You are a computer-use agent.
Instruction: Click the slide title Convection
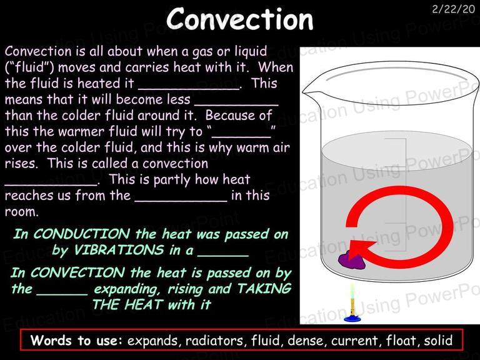click(x=240, y=19)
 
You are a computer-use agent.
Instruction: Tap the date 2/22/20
click(x=453, y=9)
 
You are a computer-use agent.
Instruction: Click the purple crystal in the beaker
click(x=351, y=261)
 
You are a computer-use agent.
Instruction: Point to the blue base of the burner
click(x=352, y=319)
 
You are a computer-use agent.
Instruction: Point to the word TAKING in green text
click(x=264, y=289)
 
